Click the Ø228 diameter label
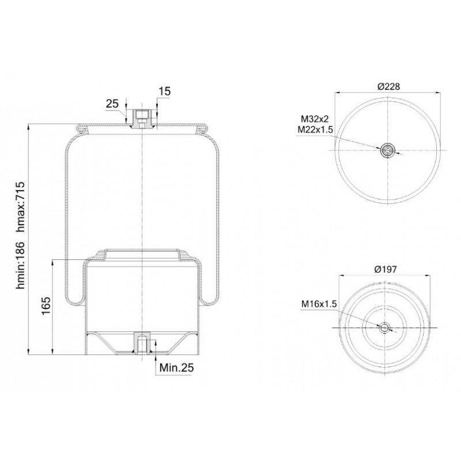(x=388, y=86)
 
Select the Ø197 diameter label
(x=386, y=269)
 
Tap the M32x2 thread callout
(x=315, y=119)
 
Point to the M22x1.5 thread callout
(x=315, y=130)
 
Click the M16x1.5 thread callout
(x=319, y=304)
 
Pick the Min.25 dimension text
(x=177, y=367)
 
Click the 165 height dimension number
(x=46, y=306)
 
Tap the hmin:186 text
(x=22, y=265)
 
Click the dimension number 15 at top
(x=165, y=92)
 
